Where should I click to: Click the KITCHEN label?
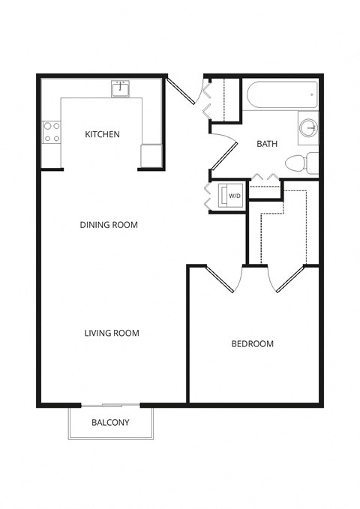[102, 135]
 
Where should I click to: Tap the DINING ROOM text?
[109, 224]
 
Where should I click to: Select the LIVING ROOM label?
[112, 333]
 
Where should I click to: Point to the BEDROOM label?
[252, 344]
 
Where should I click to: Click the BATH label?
[267, 143]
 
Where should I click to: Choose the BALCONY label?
[110, 422]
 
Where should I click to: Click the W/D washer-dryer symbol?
[230, 196]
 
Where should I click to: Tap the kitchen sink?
[120, 89]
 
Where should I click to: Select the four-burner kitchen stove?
[52, 133]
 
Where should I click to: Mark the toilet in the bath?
[302, 162]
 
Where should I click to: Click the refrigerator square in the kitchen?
[151, 156]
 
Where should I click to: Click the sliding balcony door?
[111, 406]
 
